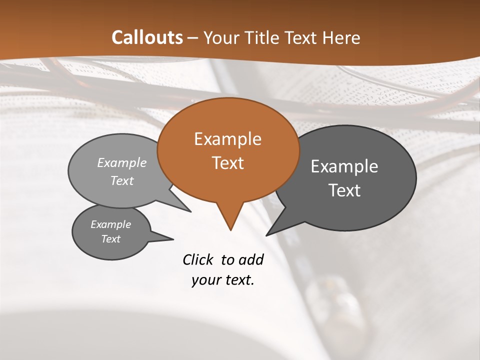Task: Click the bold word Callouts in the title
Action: [x=147, y=37]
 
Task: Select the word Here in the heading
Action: [x=341, y=37]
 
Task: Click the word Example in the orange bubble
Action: [x=227, y=139]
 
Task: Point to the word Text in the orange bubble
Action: [x=227, y=163]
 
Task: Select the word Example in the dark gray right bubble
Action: [x=344, y=166]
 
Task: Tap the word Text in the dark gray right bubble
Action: [x=344, y=190]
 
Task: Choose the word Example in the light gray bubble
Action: [x=122, y=163]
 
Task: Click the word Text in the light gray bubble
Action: [x=122, y=181]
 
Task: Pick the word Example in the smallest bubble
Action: [x=110, y=224]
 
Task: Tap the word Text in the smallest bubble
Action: [x=110, y=239]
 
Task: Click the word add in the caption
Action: [x=250, y=259]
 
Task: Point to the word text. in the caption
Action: [x=238, y=280]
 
